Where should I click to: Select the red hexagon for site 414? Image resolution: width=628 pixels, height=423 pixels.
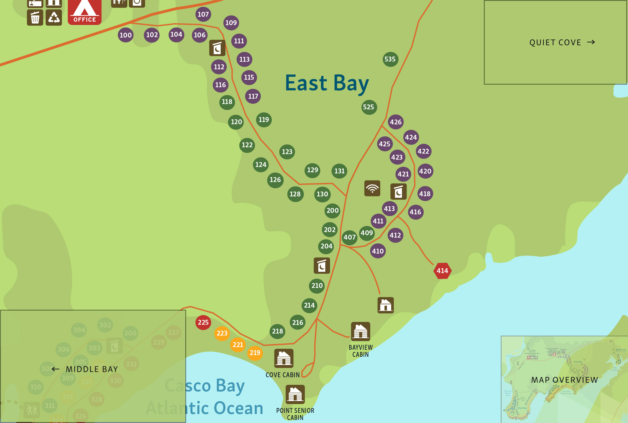pos(442,271)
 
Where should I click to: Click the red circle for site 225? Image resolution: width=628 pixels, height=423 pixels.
pos(203,322)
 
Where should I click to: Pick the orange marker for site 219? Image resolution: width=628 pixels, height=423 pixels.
pos(255,353)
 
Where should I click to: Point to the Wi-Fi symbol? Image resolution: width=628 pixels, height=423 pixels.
pos(372,188)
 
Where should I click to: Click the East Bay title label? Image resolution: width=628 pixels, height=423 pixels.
pos(327,83)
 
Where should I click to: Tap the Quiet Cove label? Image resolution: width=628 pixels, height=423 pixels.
pos(555,43)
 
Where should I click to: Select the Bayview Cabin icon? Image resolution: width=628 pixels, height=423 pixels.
pos(360,331)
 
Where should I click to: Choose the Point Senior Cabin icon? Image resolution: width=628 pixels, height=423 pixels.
pos(295,394)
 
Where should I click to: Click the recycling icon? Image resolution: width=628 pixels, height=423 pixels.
pos(54,17)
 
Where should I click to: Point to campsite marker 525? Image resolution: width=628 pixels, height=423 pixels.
pos(369,107)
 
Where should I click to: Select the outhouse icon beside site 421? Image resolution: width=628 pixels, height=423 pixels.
pos(398,191)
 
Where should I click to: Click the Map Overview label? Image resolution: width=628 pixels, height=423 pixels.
pos(565,380)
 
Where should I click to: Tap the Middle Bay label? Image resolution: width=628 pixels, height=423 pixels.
pos(92,369)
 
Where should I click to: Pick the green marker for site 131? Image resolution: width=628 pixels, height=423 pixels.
pos(339,171)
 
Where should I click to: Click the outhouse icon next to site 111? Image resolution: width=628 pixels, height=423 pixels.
pos(217,48)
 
